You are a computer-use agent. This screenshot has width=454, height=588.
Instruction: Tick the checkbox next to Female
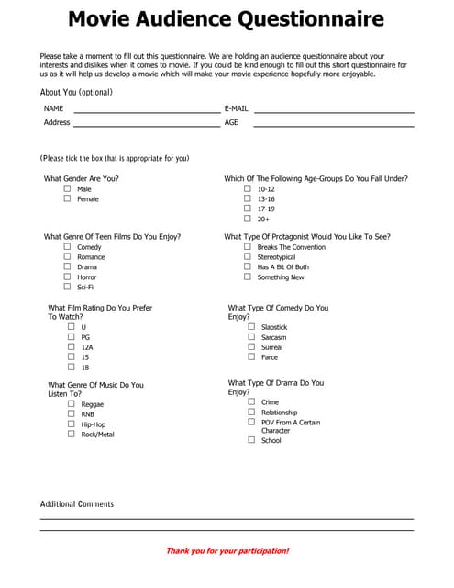click(67, 198)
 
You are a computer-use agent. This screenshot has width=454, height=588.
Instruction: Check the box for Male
click(67, 188)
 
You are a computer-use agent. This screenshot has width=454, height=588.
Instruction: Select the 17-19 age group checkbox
click(248, 209)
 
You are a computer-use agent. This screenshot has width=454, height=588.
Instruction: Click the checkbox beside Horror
click(67, 277)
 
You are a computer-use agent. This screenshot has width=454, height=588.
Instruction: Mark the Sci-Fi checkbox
click(67, 287)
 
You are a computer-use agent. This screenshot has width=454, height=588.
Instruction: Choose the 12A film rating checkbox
click(72, 347)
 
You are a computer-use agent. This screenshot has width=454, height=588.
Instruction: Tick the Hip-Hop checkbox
click(72, 424)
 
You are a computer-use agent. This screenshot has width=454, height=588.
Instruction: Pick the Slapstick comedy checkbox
click(251, 327)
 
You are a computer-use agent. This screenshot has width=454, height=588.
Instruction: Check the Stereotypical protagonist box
click(248, 257)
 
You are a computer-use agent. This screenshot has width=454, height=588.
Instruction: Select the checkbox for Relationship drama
click(251, 413)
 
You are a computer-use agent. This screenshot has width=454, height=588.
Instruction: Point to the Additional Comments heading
click(77, 503)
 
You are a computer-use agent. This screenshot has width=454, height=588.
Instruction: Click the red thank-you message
click(227, 551)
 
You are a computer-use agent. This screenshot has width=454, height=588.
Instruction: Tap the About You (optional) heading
click(76, 93)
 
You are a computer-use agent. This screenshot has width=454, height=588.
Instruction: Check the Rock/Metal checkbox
click(72, 435)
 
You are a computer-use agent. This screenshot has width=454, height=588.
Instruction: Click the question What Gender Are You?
click(82, 178)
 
